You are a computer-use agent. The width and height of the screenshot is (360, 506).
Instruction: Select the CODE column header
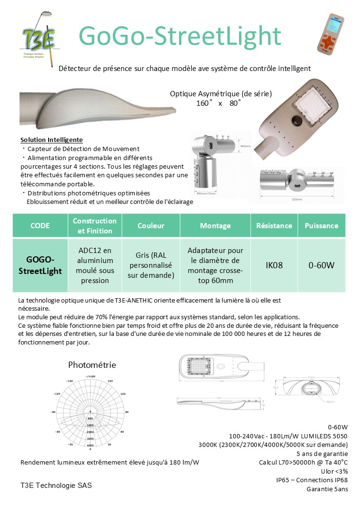40,226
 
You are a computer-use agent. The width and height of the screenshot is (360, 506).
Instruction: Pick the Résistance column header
274,226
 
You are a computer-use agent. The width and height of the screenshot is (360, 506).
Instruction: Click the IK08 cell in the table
274,265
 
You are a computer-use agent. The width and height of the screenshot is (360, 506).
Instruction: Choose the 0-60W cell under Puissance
321,265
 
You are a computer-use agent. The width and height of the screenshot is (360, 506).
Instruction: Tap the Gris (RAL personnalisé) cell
151,265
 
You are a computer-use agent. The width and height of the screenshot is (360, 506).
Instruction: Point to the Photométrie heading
92,365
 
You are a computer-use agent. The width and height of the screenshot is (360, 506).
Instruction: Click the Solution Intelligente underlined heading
52,140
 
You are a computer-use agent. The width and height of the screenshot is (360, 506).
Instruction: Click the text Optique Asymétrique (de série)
221,94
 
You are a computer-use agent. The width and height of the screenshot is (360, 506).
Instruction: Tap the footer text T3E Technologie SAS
56,486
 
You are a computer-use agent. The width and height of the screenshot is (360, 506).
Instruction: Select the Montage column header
215,226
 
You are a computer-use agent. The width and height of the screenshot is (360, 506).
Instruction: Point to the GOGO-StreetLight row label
40,265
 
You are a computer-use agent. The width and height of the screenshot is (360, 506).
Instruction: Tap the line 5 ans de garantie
322,454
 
